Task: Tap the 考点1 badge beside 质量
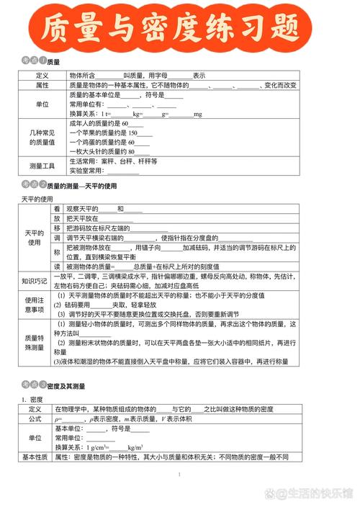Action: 32,61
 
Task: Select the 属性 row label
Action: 42,85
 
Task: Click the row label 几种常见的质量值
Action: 42,138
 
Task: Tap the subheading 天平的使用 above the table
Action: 37,198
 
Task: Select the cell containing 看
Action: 57,209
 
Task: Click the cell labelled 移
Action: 57,228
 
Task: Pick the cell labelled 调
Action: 57,238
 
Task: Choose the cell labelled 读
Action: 57,266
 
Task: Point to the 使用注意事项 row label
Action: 35,305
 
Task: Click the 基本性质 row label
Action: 35,457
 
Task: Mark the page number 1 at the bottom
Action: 179,475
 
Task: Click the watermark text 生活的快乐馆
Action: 316,494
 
